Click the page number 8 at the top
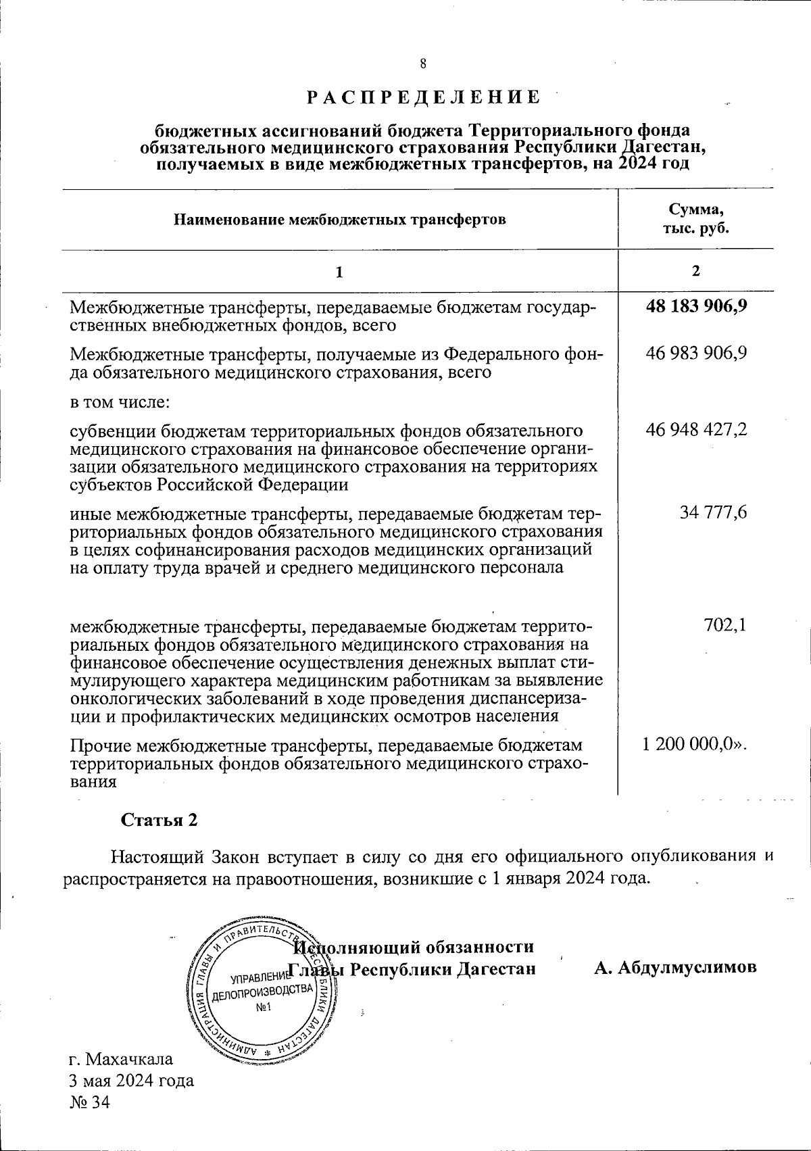423,64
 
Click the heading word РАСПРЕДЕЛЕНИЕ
424,97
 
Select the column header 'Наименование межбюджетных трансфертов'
340,220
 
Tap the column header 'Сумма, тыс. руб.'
695,218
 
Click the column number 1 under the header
340,272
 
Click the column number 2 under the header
695,271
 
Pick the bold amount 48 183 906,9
696,306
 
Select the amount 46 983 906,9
696,353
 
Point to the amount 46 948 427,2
696,429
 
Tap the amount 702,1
725,625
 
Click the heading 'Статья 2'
159,820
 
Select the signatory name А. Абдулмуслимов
675,967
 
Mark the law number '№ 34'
89,1103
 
